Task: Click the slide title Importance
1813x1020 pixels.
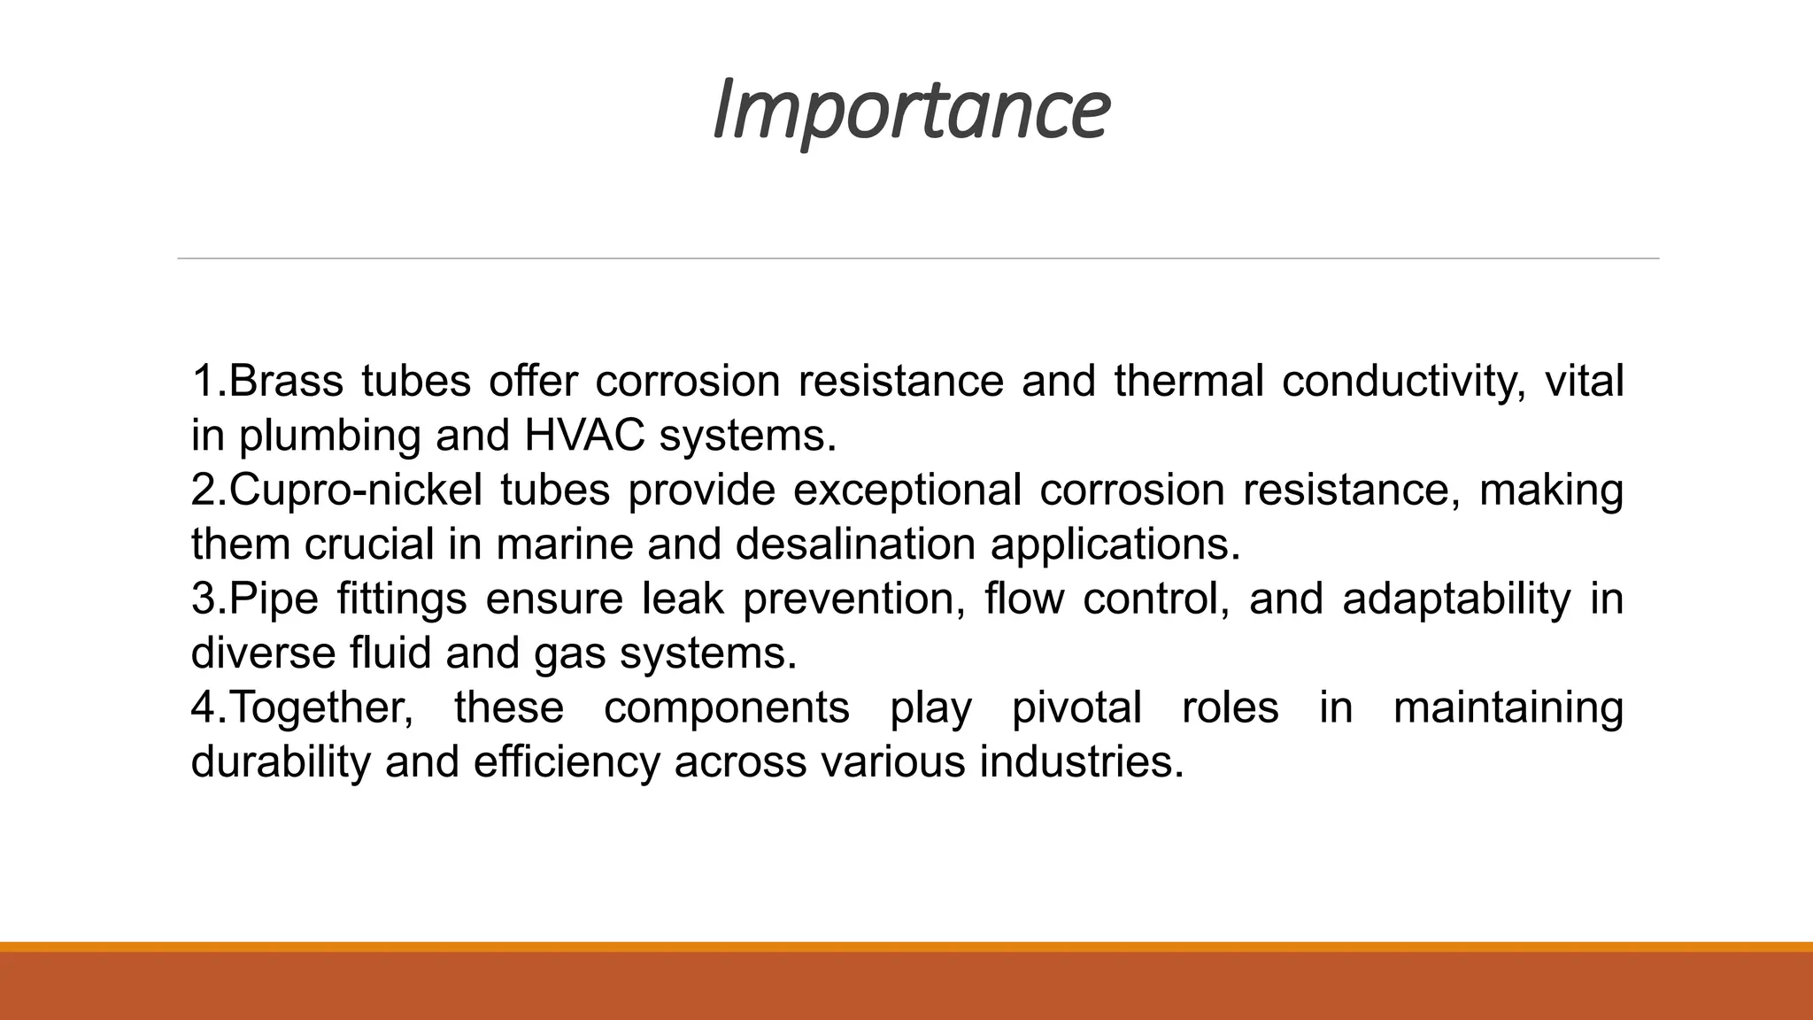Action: pyautogui.click(x=910, y=110)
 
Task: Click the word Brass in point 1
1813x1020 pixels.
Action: pyautogui.click(x=286, y=382)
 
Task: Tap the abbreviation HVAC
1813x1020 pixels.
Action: pyautogui.click(x=584, y=436)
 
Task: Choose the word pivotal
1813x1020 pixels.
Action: pyautogui.click(x=1076, y=708)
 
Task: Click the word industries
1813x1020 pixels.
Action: pyautogui.click(x=1081, y=762)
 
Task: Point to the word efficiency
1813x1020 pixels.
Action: pyautogui.click(x=567, y=762)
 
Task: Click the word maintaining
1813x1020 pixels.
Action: pyautogui.click(x=1508, y=708)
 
